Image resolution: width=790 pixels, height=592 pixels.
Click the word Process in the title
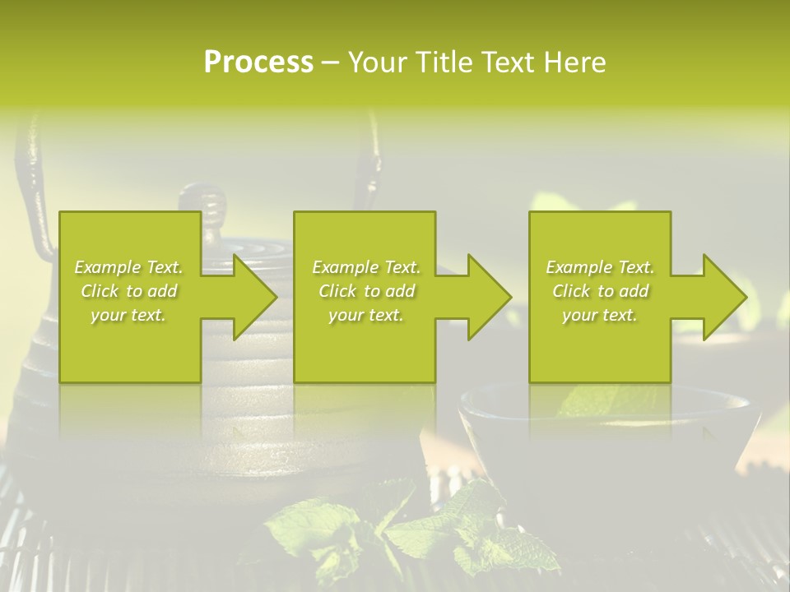click(x=258, y=62)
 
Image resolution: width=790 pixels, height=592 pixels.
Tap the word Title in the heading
click(x=441, y=62)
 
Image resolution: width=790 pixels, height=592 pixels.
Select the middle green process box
click(x=365, y=354)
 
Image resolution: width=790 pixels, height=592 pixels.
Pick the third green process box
click(x=599, y=354)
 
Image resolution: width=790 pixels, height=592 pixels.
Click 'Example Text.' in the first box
click(x=128, y=267)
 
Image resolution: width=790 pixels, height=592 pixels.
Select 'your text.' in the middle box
click(x=365, y=315)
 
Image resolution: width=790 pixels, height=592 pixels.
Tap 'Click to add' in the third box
click(x=600, y=291)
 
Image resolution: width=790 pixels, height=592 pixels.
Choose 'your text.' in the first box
click(x=128, y=315)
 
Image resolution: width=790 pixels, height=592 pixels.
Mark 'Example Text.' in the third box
click(x=600, y=267)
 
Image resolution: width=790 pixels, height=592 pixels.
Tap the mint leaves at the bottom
click(x=411, y=526)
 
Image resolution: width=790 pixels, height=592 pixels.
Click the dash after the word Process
click(x=331, y=62)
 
